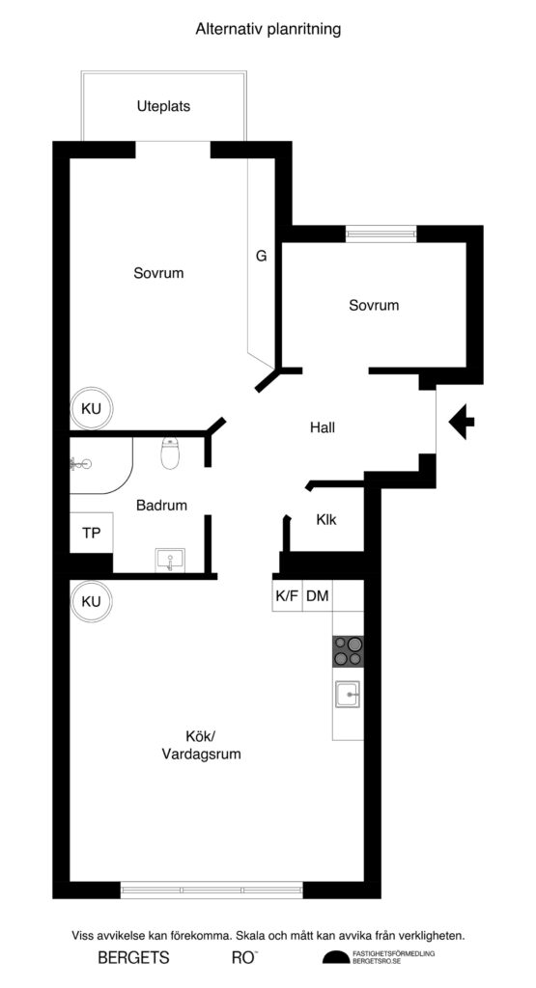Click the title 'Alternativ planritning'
(x=268, y=30)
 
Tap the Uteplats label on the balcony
(x=163, y=106)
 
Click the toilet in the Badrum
(x=171, y=453)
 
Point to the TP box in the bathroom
(x=91, y=532)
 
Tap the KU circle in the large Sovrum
(x=91, y=409)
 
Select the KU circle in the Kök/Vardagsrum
(x=91, y=601)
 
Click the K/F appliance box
(x=287, y=596)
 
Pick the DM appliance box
(x=317, y=596)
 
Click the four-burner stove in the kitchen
(x=350, y=652)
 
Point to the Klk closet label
(x=326, y=519)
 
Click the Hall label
(x=323, y=426)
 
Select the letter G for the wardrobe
(x=261, y=257)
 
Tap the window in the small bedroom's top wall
(x=381, y=232)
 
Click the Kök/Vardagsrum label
(x=201, y=747)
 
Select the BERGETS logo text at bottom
(x=133, y=958)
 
